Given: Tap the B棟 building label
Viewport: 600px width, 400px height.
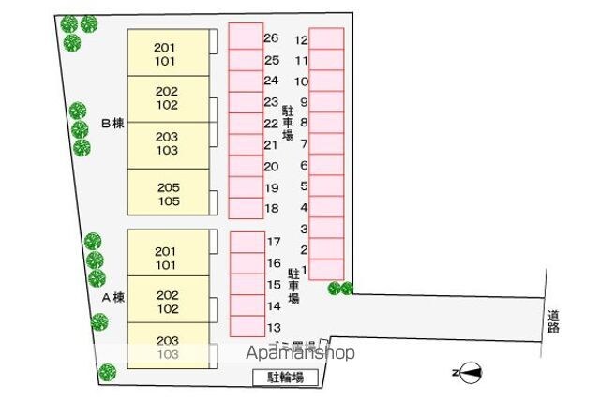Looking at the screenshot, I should pos(112,123).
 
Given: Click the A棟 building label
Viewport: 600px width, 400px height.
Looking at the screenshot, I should pos(112,298).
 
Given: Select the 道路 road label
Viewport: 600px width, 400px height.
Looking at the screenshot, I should pos(554,320).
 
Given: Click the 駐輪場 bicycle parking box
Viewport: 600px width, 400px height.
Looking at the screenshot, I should pos(285,378).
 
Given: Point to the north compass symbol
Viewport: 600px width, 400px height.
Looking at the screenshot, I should pos(469,373).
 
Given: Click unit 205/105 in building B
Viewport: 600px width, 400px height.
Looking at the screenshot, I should pos(168,193).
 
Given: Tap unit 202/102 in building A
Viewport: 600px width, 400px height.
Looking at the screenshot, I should pos(167,301).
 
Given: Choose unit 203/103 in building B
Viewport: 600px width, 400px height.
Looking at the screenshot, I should pos(167,143).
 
